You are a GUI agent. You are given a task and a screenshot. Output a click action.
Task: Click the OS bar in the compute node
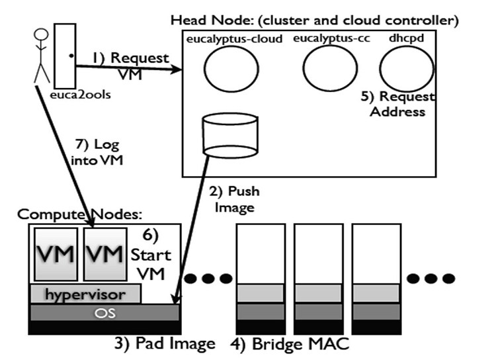click(104, 312)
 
